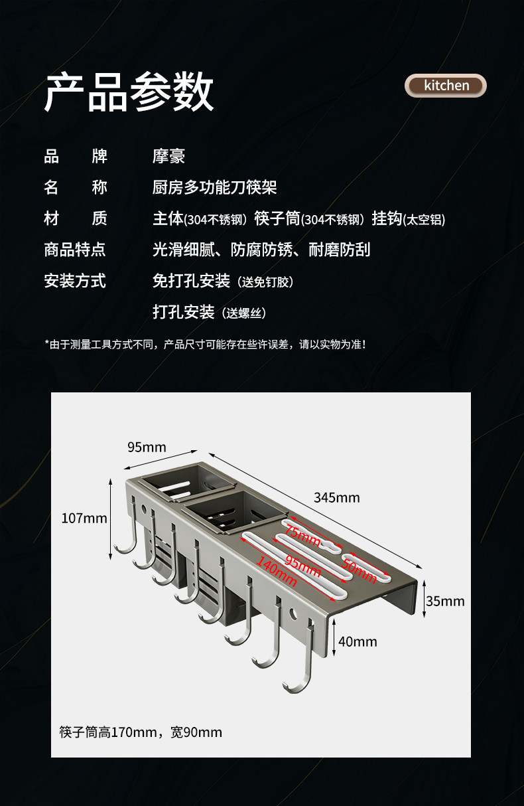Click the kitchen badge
pyautogui.click(x=446, y=86)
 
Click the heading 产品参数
pyautogui.click(x=129, y=92)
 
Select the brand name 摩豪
pyautogui.click(x=168, y=157)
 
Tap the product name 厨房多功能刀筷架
pyautogui.click(x=214, y=188)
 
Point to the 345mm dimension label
pyautogui.click(x=337, y=497)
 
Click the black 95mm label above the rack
pyautogui.click(x=147, y=447)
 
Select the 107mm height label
pyautogui.click(x=84, y=518)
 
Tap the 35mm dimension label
pyautogui.click(x=445, y=602)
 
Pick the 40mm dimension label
pyautogui.click(x=358, y=641)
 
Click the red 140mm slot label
pyautogui.click(x=276, y=572)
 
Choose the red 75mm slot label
pyautogui.click(x=303, y=534)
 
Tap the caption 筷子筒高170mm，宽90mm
pyautogui.click(x=141, y=732)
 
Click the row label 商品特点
pyautogui.click(x=75, y=250)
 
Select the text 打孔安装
pyautogui.click(x=184, y=312)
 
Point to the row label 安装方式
pyautogui.click(x=75, y=281)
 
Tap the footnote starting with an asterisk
pyautogui.click(x=205, y=344)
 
